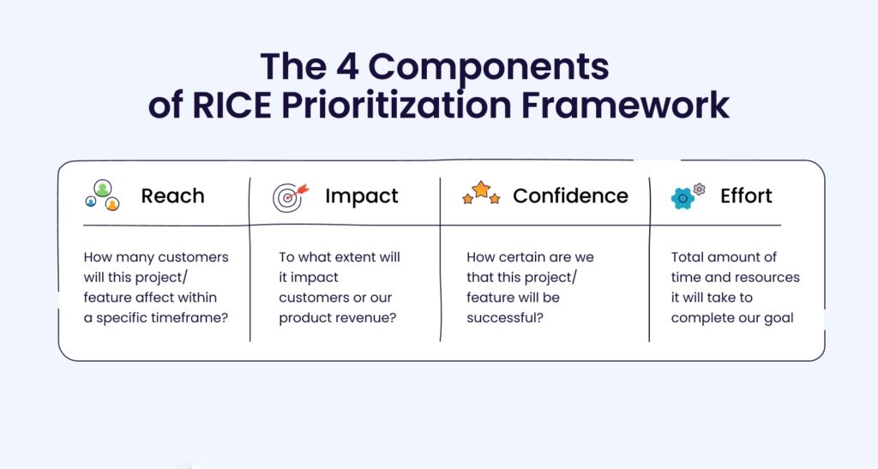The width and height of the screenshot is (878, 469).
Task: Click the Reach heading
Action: coord(172,195)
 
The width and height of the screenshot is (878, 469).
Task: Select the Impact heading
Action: coord(362,196)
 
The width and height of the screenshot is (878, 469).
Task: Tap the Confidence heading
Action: coord(570,195)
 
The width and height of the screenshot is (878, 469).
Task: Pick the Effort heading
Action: coord(747,195)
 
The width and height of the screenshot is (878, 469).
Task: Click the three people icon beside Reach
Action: coord(103,195)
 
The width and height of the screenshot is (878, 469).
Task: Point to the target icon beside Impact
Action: coord(291,197)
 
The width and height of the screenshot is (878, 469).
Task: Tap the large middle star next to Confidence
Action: coord(481,189)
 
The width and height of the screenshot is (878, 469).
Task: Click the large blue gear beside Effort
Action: coord(683,199)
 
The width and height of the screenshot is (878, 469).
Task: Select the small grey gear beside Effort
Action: coord(699,189)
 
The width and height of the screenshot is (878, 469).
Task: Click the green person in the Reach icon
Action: coord(103,188)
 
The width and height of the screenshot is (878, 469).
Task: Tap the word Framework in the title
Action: coord(625,105)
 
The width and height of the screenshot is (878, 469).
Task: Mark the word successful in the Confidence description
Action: coord(505,318)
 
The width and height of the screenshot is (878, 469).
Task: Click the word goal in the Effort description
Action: coord(779,318)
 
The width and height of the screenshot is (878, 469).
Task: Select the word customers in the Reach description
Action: coord(193,257)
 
